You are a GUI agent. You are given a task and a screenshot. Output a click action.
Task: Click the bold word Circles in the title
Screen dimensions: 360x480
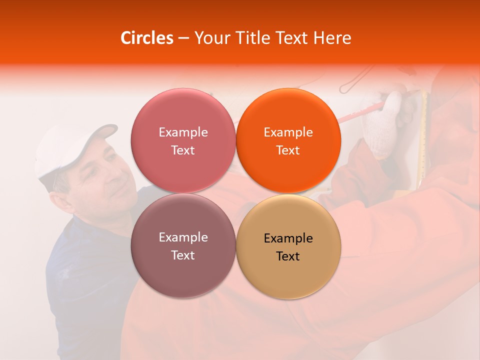[147, 38]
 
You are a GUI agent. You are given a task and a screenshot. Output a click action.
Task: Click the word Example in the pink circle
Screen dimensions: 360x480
[183, 132]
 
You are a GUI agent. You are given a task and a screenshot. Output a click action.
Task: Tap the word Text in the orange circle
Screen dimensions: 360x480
[288, 150]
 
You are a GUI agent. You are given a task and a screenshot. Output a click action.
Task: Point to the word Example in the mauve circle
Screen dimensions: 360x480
[183, 237]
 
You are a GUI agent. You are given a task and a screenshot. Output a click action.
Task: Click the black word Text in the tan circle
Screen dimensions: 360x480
[288, 256]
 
